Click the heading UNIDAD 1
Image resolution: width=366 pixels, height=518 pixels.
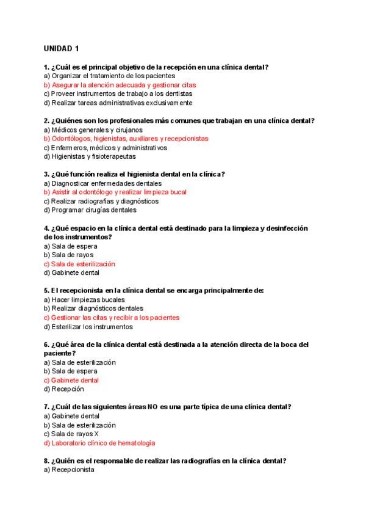(62, 48)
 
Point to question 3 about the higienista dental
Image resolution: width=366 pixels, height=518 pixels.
(134, 174)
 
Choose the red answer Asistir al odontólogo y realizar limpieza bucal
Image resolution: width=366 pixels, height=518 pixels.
(115, 192)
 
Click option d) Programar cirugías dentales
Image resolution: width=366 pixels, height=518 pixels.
(90, 210)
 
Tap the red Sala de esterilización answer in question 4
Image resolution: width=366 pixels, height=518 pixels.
(79, 264)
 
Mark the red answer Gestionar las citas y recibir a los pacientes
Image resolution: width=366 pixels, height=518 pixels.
(111, 318)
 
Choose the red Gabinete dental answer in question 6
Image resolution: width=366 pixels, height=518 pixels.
(71, 380)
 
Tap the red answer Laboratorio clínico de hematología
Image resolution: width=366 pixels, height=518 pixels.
(99, 443)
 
